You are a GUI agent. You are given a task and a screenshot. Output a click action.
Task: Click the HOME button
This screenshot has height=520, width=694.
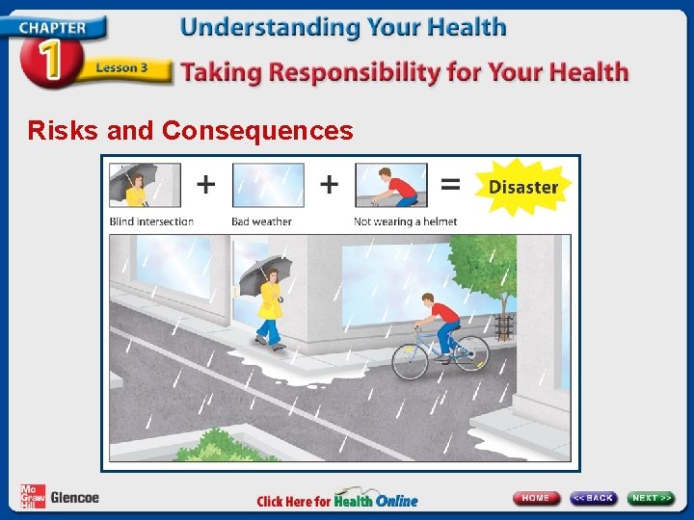coord(536,498)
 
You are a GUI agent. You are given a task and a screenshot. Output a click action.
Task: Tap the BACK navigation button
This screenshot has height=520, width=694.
coord(593,498)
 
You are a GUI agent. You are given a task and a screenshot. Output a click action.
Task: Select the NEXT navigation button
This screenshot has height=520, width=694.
coord(651,498)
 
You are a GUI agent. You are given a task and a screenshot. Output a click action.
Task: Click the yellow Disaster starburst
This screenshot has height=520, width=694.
coord(522,187)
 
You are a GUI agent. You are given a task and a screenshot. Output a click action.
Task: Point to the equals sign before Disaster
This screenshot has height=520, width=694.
coord(449,183)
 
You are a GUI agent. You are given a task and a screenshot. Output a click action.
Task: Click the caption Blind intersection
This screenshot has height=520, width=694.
coord(151,221)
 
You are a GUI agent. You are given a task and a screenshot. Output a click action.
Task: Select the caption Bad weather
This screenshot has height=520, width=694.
coord(261,221)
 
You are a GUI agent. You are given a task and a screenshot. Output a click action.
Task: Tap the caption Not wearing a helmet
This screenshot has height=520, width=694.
coord(405,221)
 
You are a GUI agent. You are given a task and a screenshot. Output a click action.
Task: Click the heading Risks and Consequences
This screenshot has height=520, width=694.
coord(190,130)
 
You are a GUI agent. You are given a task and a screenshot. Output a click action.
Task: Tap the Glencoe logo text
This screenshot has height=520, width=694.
coord(74,497)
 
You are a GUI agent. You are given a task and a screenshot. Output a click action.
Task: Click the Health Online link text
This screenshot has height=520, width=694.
coord(376,500)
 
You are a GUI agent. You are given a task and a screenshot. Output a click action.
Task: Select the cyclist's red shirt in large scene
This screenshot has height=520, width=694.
coord(444,312)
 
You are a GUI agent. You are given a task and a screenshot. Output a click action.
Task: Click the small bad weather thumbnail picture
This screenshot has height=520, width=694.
coord(267,185)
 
